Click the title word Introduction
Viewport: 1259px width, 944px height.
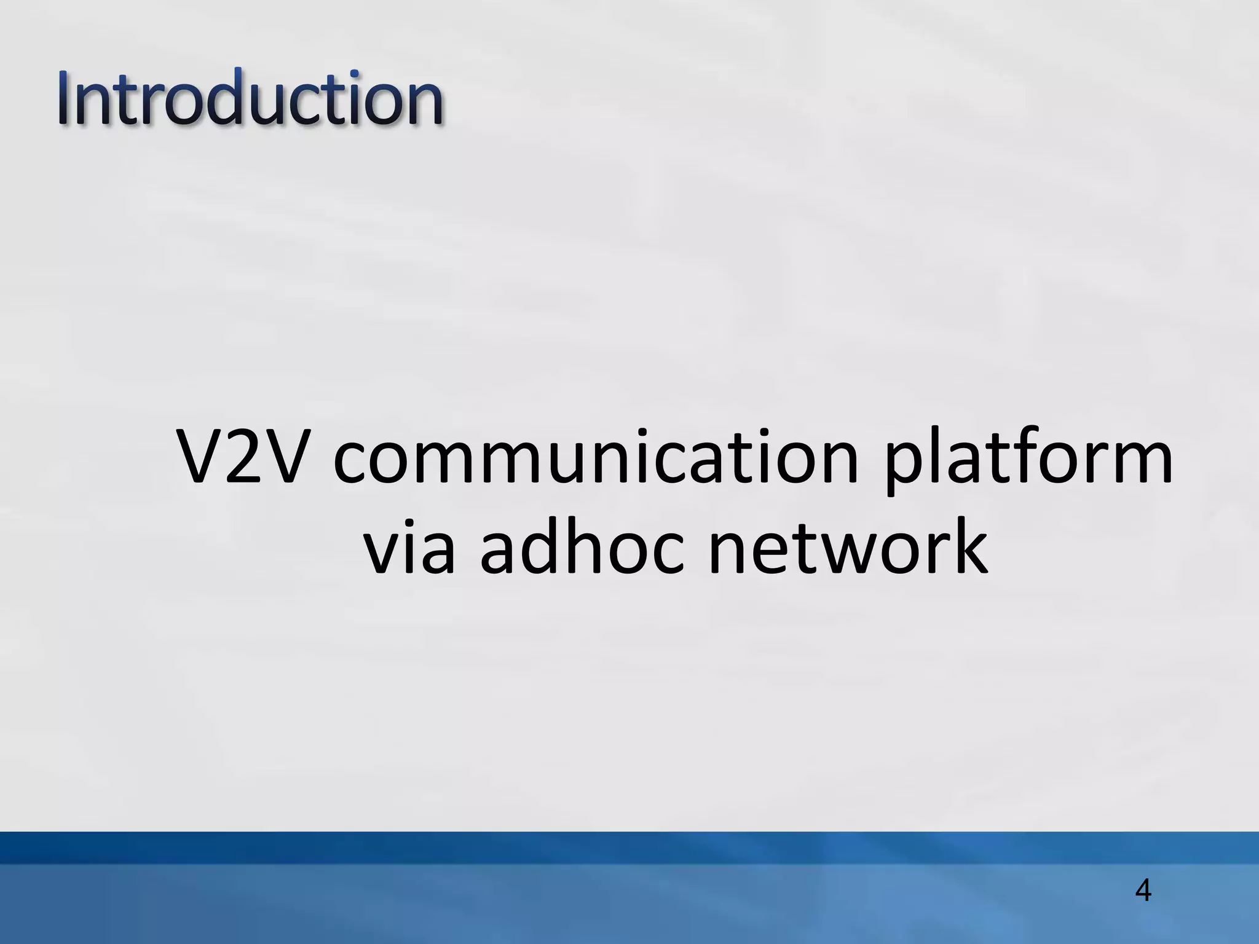coord(251,98)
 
